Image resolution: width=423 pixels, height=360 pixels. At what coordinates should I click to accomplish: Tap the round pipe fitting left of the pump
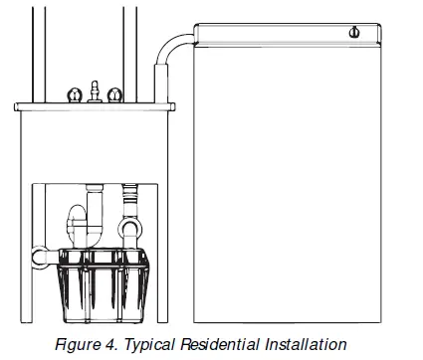(x=40, y=256)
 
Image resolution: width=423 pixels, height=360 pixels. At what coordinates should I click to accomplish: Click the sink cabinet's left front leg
(x=26, y=229)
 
